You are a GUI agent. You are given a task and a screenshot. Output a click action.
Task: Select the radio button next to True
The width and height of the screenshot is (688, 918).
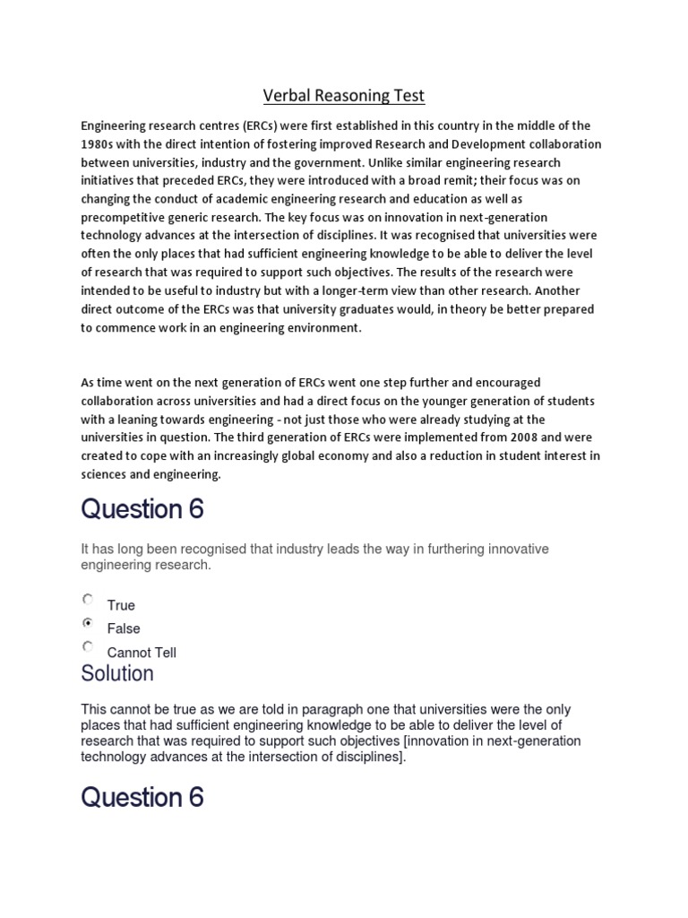87,599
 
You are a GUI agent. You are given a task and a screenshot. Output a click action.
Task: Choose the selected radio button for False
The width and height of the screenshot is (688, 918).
87,623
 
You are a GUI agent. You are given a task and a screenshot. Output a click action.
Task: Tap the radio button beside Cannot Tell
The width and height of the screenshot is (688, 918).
87,646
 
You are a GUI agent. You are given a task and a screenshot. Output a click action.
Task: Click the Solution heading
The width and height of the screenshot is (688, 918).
117,673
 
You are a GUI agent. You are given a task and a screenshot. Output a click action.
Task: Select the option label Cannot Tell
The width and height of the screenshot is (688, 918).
142,653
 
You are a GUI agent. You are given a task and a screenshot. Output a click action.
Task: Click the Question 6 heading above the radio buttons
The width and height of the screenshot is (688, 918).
142,509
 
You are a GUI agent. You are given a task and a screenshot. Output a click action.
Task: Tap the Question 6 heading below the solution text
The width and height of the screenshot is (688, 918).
142,797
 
